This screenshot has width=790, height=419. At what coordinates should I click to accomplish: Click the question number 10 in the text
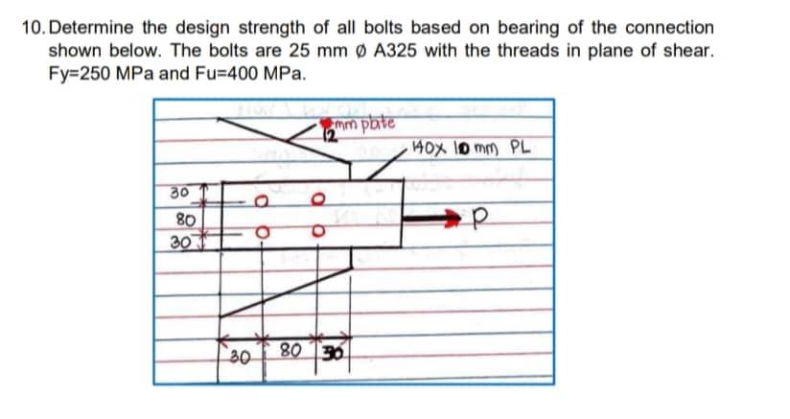tap(32, 28)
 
